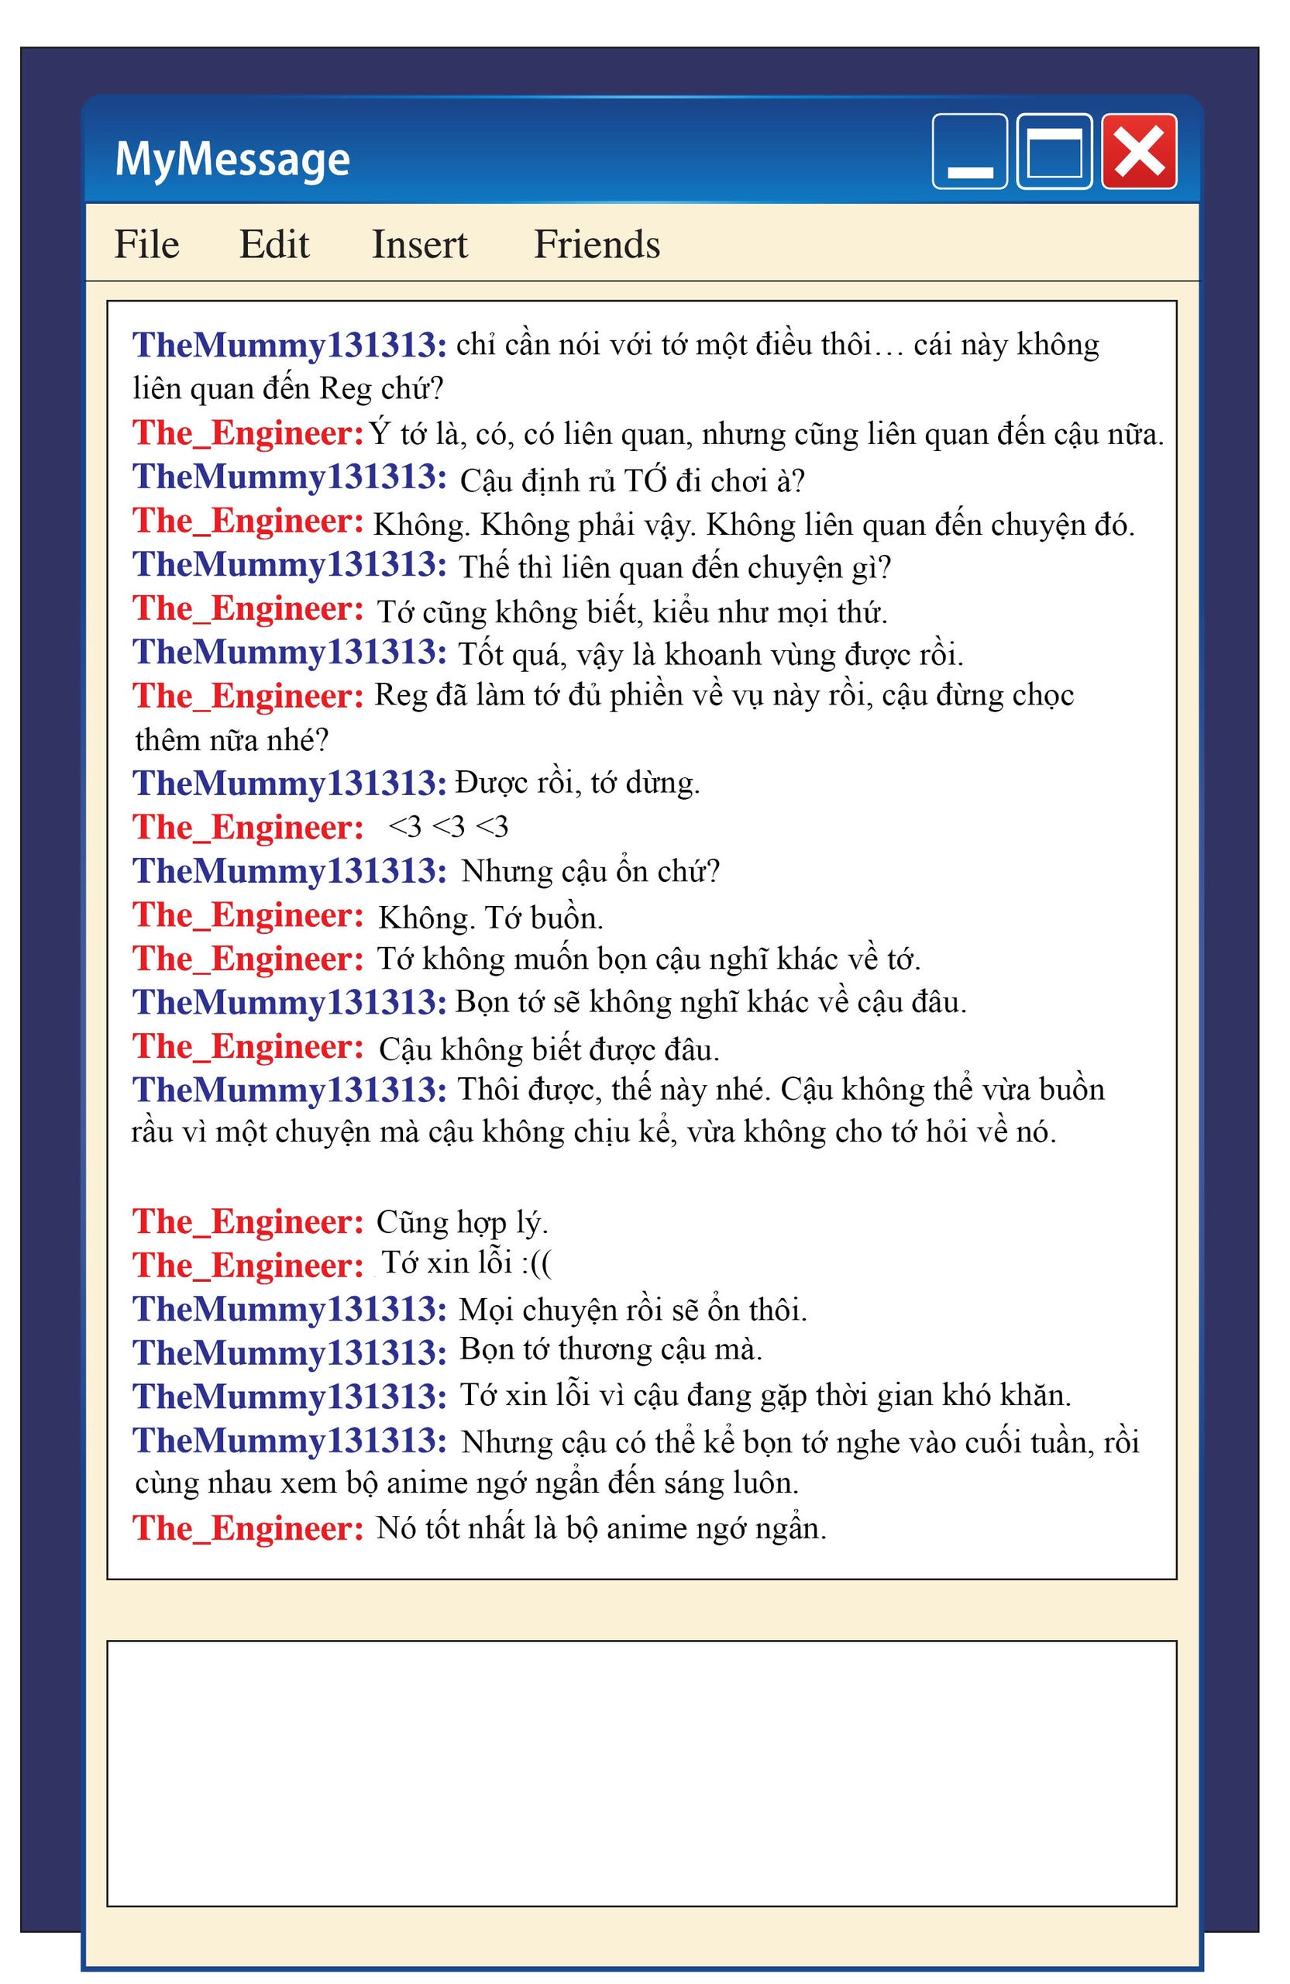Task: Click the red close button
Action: [x=1138, y=152]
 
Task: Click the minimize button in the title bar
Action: [x=969, y=152]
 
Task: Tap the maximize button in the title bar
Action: [x=1054, y=152]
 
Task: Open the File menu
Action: [x=146, y=244]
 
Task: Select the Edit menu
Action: [x=274, y=244]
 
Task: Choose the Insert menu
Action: [x=419, y=244]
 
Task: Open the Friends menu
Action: [x=597, y=244]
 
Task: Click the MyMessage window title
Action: [x=232, y=158]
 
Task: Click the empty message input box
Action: [x=641, y=1774]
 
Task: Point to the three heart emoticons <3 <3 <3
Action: [x=449, y=827]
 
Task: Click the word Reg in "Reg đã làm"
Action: [x=401, y=695]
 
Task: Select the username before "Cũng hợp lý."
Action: [x=247, y=1222]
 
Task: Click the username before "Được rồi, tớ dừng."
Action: [x=289, y=784]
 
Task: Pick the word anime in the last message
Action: [x=638, y=1528]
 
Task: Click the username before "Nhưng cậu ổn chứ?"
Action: [x=289, y=871]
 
